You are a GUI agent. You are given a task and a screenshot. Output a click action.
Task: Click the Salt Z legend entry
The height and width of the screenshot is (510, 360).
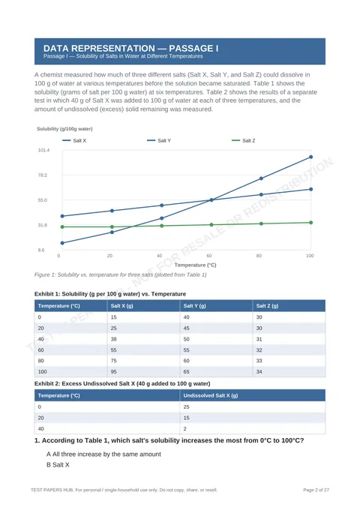(x=243, y=140)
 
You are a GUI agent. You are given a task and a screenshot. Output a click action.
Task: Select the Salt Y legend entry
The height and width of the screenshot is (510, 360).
(x=159, y=140)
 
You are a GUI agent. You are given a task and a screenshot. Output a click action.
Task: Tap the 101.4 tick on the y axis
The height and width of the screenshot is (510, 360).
(x=44, y=150)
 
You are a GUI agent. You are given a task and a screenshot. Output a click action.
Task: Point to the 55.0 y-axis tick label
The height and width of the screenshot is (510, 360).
(x=43, y=200)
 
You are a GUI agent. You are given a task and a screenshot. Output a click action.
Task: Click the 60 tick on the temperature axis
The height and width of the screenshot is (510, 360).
(x=209, y=256)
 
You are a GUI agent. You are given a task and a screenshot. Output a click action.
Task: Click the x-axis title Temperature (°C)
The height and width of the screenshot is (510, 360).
(x=196, y=265)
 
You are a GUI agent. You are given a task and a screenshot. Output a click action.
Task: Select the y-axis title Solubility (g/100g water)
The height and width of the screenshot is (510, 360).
(x=64, y=129)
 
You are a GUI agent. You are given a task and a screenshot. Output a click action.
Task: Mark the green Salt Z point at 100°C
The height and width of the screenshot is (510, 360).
(x=311, y=223)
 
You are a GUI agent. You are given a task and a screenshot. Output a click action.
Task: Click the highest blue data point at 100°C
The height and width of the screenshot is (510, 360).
(x=311, y=157)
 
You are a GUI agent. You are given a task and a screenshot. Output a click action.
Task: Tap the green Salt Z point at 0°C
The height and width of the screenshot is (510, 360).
(x=62, y=227)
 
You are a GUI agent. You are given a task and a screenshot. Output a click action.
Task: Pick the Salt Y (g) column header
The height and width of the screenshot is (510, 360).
(x=195, y=306)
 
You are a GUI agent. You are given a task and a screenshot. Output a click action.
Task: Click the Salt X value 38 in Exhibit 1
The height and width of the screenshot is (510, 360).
(x=113, y=339)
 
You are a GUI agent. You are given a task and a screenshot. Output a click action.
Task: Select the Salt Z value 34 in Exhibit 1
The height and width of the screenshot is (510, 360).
(x=259, y=371)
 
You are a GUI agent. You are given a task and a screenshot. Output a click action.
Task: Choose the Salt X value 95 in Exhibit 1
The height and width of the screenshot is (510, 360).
(x=113, y=371)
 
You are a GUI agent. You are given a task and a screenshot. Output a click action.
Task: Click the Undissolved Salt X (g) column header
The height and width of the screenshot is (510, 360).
(x=211, y=395)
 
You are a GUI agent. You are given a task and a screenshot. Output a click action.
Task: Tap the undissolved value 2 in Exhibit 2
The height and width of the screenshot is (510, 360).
(x=185, y=429)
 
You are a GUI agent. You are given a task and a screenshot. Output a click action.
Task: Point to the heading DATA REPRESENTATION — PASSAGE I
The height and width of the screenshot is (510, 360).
(x=131, y=49)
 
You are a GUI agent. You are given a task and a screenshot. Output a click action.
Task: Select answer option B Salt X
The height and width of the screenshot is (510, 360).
(x=58, y=465)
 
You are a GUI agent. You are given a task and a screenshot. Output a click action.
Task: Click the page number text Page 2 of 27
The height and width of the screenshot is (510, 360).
(x=316, y=490)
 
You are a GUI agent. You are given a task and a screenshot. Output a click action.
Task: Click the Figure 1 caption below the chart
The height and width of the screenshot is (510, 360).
(x=120, y=274)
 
